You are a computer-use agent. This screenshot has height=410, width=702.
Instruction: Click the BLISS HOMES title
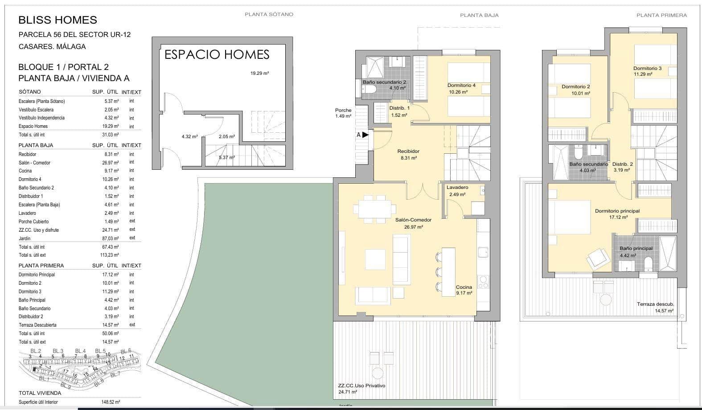click(x=57, y=20)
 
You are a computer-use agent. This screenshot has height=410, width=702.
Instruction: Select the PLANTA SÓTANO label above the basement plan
click(x=269, y=14)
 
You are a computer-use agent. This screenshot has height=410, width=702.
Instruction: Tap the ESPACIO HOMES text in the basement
click(x=217, y=55)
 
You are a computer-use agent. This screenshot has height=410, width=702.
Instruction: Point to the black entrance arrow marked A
click(x=365, y=135)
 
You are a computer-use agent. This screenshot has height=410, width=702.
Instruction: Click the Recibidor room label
click(x=408, y=151)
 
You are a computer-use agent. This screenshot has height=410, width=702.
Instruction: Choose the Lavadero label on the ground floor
click(x=457, y=188)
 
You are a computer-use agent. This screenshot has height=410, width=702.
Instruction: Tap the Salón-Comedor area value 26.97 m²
click(x=414, y=227)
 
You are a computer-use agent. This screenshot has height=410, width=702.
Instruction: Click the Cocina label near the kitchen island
click(x=464, y=287)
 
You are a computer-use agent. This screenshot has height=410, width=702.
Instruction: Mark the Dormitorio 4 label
click(x=461, y=86)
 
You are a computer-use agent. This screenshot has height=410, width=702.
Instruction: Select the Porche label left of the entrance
click(x=343, y=110)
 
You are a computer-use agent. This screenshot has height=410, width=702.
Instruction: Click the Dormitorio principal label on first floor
click(x=617, y=211)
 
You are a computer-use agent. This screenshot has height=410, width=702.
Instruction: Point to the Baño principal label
click(x=636, y=248)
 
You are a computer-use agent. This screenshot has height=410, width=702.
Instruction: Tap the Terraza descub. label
click(x=655, y=304)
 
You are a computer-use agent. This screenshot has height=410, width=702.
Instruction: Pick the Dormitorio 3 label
click(x=647, y=68)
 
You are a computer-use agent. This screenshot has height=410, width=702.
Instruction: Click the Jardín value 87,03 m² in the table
click(x=110, y=238)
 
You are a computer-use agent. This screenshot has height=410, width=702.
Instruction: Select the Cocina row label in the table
click(x=25, y=171)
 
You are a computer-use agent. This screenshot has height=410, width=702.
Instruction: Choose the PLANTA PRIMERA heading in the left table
click(x=41, y=266)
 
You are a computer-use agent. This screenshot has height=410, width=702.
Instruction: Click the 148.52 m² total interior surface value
click(x=111, y=402)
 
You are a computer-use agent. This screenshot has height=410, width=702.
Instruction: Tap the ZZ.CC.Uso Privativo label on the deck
click(x=361, y=385)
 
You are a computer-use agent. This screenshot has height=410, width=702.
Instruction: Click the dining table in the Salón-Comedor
click(x=374, y=209)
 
